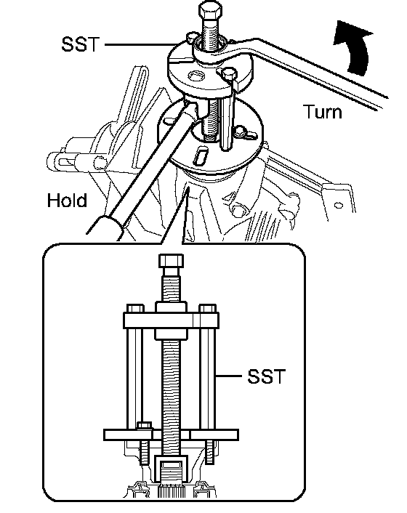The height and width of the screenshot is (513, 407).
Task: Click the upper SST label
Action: pyautogui.click(x=80, y=44)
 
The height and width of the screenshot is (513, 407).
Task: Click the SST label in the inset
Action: pyautogui.click(x=266, y=376)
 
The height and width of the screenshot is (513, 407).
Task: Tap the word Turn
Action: pyautogui.click(x=323, y=112)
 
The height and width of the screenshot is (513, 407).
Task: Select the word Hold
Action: pyautogui.click(x=67, y=200)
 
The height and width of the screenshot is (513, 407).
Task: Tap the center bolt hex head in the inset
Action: pyautogui.click(x=171, y=262)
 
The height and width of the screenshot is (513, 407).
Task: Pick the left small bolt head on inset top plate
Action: pyautogui.click(x=135, y=309)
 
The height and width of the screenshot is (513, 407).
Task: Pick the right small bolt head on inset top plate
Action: pyautogui.click(x=207, y=309)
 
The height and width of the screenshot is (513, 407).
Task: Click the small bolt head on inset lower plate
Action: pyautogui.click(x=145, y=426)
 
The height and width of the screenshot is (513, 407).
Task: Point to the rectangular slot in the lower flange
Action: pyautogui.click(x=200, y=155)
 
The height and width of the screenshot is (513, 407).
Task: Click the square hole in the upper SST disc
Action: pyautogui.click(x=196, y=76)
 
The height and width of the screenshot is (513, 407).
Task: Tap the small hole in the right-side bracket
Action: pyautogui.click(x=339, y=206)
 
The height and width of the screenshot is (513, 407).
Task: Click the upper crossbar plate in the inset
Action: pyautogui.click(x=171, y=320)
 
